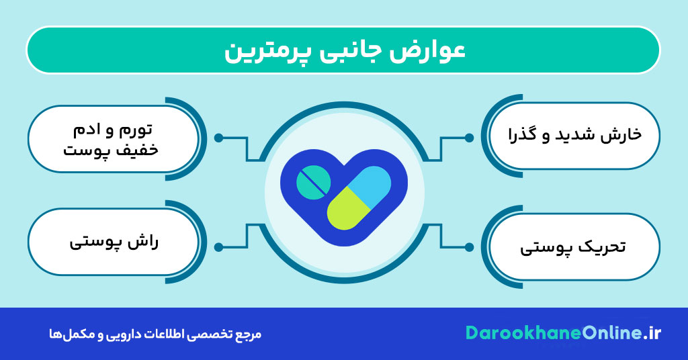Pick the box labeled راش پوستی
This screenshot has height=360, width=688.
click(114, 242)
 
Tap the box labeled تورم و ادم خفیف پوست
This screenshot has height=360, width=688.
click(114, 138)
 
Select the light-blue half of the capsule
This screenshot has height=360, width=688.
click(372, 185)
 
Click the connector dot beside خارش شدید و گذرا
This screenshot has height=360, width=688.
click(469, 138)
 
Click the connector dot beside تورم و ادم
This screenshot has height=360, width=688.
click(218, 138)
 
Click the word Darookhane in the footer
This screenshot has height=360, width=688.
click(514, 334)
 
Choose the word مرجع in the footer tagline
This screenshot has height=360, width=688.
click(249, 334)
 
